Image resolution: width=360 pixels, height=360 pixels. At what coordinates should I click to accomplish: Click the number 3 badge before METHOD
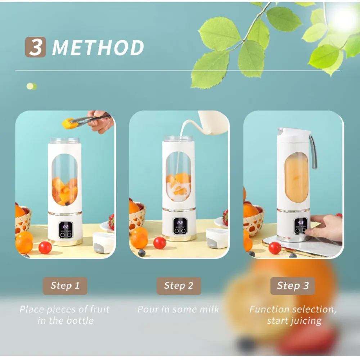(35, 47)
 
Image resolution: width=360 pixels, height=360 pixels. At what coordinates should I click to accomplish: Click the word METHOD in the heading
(98, 48)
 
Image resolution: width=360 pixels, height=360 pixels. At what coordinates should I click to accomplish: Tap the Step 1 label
(65, 286)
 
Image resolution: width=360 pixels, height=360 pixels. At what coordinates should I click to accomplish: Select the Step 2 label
(179, 286)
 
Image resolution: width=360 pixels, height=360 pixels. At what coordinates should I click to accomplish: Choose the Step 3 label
(293, 286)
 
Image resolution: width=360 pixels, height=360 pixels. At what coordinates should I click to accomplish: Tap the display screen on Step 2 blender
(180, 223)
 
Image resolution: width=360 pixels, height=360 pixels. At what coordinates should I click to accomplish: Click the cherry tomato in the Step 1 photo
(45, 247)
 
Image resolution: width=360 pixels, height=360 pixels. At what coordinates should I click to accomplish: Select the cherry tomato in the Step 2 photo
(159, 243)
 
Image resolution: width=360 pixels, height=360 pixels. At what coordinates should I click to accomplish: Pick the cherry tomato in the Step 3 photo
(275, 248)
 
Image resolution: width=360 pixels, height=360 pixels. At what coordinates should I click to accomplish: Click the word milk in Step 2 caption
(209, 309)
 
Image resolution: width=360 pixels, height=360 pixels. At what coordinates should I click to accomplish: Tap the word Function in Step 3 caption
(269, 309)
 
